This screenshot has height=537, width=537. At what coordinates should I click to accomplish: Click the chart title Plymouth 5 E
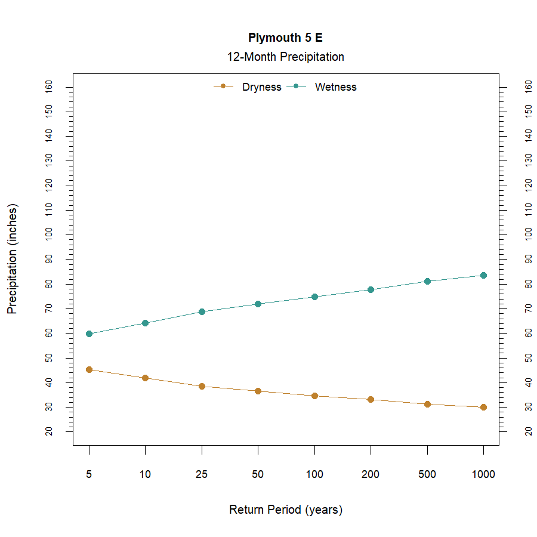[285, 38]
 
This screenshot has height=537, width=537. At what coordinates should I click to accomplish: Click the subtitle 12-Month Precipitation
[285, 57]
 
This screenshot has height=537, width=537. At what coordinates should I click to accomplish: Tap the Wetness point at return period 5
[89, 334]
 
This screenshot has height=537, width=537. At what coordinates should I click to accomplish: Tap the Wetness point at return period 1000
[483, 275]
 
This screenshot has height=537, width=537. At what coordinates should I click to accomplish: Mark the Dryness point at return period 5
[89, 369]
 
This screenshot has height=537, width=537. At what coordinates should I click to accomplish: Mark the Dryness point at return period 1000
[483, 407]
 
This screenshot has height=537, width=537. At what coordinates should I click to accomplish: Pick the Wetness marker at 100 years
[314, 297]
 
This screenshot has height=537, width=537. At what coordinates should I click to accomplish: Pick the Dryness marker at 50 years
[258, 391]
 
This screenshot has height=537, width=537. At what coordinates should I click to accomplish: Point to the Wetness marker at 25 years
[202, 311]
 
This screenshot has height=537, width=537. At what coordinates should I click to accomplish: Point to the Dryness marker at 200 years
[371, 399]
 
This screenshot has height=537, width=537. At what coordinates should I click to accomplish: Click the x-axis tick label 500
[427, 475]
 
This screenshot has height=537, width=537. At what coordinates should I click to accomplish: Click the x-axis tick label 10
[145, 475]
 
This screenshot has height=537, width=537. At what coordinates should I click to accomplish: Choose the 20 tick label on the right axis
[528, 431]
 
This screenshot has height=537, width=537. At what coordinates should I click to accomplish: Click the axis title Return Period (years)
[285, 510]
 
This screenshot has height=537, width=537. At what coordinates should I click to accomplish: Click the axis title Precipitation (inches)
[13, 259]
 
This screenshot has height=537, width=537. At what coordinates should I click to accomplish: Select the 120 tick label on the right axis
[528, 186]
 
